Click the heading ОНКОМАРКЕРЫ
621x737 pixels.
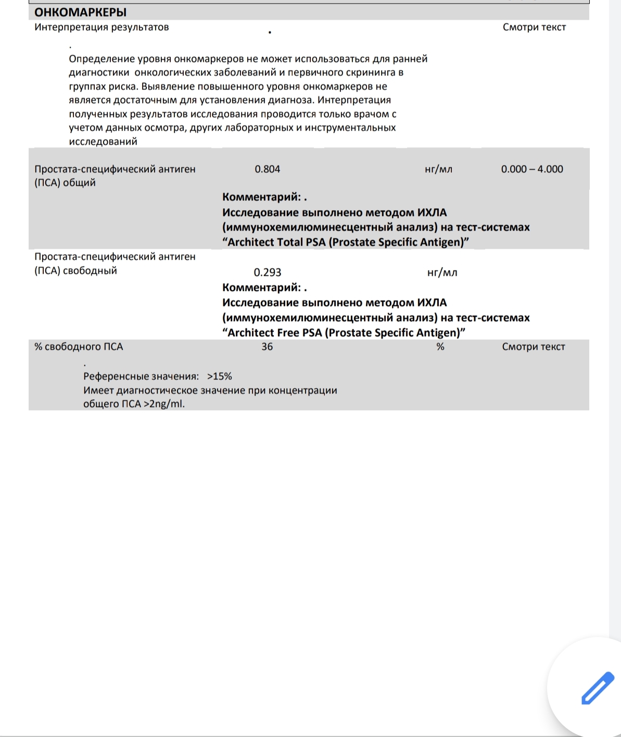pos(80,12)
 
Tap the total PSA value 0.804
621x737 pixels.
pos(267,169)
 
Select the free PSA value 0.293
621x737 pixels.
pos(267,272)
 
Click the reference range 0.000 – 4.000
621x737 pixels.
pos(532,169)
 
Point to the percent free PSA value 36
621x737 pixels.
pos(267,347)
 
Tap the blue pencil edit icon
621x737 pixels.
pos(598,688)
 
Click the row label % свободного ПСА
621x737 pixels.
pos(79,347)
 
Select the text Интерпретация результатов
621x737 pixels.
pos(102,27)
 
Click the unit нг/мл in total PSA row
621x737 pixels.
pos(438,169)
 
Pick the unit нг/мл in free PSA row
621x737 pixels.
pos(442,272)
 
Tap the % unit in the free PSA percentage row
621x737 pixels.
pos(440,347)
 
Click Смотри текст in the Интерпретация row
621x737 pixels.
pos(534,27)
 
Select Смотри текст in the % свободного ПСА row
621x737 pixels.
pos(534,347)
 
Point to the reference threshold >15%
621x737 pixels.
pos(219,376)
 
